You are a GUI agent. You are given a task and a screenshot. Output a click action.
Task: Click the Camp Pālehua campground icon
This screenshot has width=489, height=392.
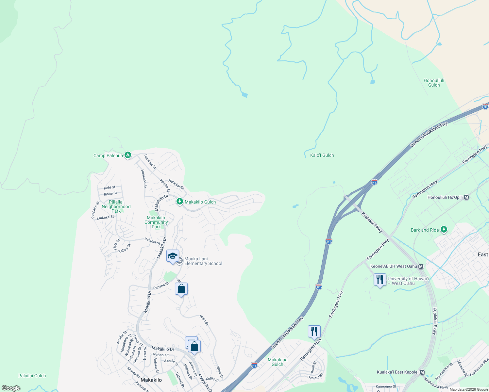point(128,155)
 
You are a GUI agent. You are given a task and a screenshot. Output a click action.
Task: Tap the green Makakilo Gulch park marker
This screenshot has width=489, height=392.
point(179,202)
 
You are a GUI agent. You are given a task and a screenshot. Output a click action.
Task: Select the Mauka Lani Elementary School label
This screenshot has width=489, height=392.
point(203,261)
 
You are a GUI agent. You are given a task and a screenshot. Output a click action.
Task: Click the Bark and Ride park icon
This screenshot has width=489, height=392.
point(444,230)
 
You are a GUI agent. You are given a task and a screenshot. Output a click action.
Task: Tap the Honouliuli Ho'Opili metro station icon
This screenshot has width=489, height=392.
point(466,197)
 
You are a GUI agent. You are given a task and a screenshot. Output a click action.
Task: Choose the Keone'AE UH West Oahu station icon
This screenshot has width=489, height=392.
point(421,266)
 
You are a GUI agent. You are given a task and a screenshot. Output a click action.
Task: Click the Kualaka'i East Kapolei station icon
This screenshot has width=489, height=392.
point(422,372)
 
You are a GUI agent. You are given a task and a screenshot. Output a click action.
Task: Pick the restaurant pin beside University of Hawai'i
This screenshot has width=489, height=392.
point(379,280)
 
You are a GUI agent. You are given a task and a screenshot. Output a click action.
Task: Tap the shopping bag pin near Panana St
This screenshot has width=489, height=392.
point(181,289)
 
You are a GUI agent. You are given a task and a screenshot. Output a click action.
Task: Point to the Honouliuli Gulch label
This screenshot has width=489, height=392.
point(434,83)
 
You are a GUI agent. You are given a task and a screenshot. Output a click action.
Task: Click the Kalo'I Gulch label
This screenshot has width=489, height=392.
point(322,155)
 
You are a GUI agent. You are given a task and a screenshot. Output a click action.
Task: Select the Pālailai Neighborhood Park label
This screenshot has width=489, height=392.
point(116,206)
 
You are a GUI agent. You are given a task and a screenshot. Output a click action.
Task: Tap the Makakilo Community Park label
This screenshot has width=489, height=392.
point(156,222)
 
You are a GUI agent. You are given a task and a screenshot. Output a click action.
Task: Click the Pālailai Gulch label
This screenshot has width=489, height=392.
point(32,376)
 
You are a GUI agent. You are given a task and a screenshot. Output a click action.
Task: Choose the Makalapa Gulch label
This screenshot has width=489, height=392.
point(278,362)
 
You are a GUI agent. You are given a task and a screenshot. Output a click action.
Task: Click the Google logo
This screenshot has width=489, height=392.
point(11,388)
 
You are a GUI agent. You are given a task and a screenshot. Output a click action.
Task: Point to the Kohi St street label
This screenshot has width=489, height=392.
point(110,188)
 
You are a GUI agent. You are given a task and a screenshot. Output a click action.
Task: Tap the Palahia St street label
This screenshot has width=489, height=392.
point(152,241)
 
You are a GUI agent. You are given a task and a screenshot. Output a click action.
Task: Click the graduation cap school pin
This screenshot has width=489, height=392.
point(173,256)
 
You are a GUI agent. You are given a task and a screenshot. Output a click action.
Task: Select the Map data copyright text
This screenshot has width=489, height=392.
point(468,389)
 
